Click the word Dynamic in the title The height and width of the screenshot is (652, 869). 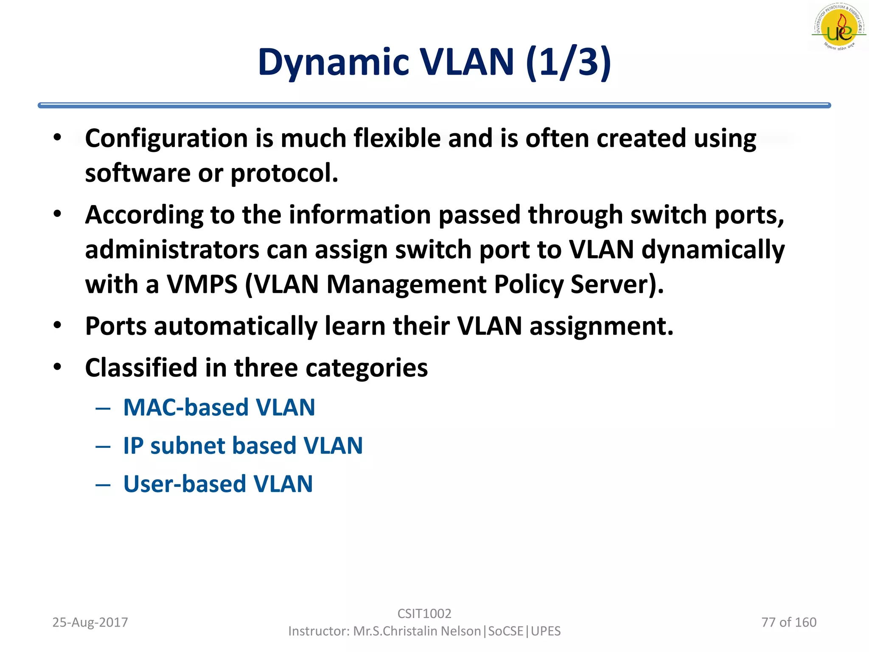333,62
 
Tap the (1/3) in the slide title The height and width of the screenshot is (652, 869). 568,62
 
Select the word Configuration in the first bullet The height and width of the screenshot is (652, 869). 166,138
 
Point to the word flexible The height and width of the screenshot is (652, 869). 397,138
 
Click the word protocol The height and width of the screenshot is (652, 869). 284,173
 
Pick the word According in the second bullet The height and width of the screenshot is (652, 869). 144,215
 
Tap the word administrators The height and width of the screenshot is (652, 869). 172,250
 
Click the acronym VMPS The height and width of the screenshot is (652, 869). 202,284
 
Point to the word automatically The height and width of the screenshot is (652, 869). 235,326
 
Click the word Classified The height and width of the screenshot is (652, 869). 141,368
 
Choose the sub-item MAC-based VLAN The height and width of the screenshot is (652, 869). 219,407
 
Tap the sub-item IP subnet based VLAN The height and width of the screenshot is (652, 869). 243,446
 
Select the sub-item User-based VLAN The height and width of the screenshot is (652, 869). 218,484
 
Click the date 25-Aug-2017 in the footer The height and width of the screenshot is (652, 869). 90,622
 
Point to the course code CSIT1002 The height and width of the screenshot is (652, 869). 424,613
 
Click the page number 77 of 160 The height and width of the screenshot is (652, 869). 789,622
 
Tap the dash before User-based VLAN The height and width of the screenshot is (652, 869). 103,485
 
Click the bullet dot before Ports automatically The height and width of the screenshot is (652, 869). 58,326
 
